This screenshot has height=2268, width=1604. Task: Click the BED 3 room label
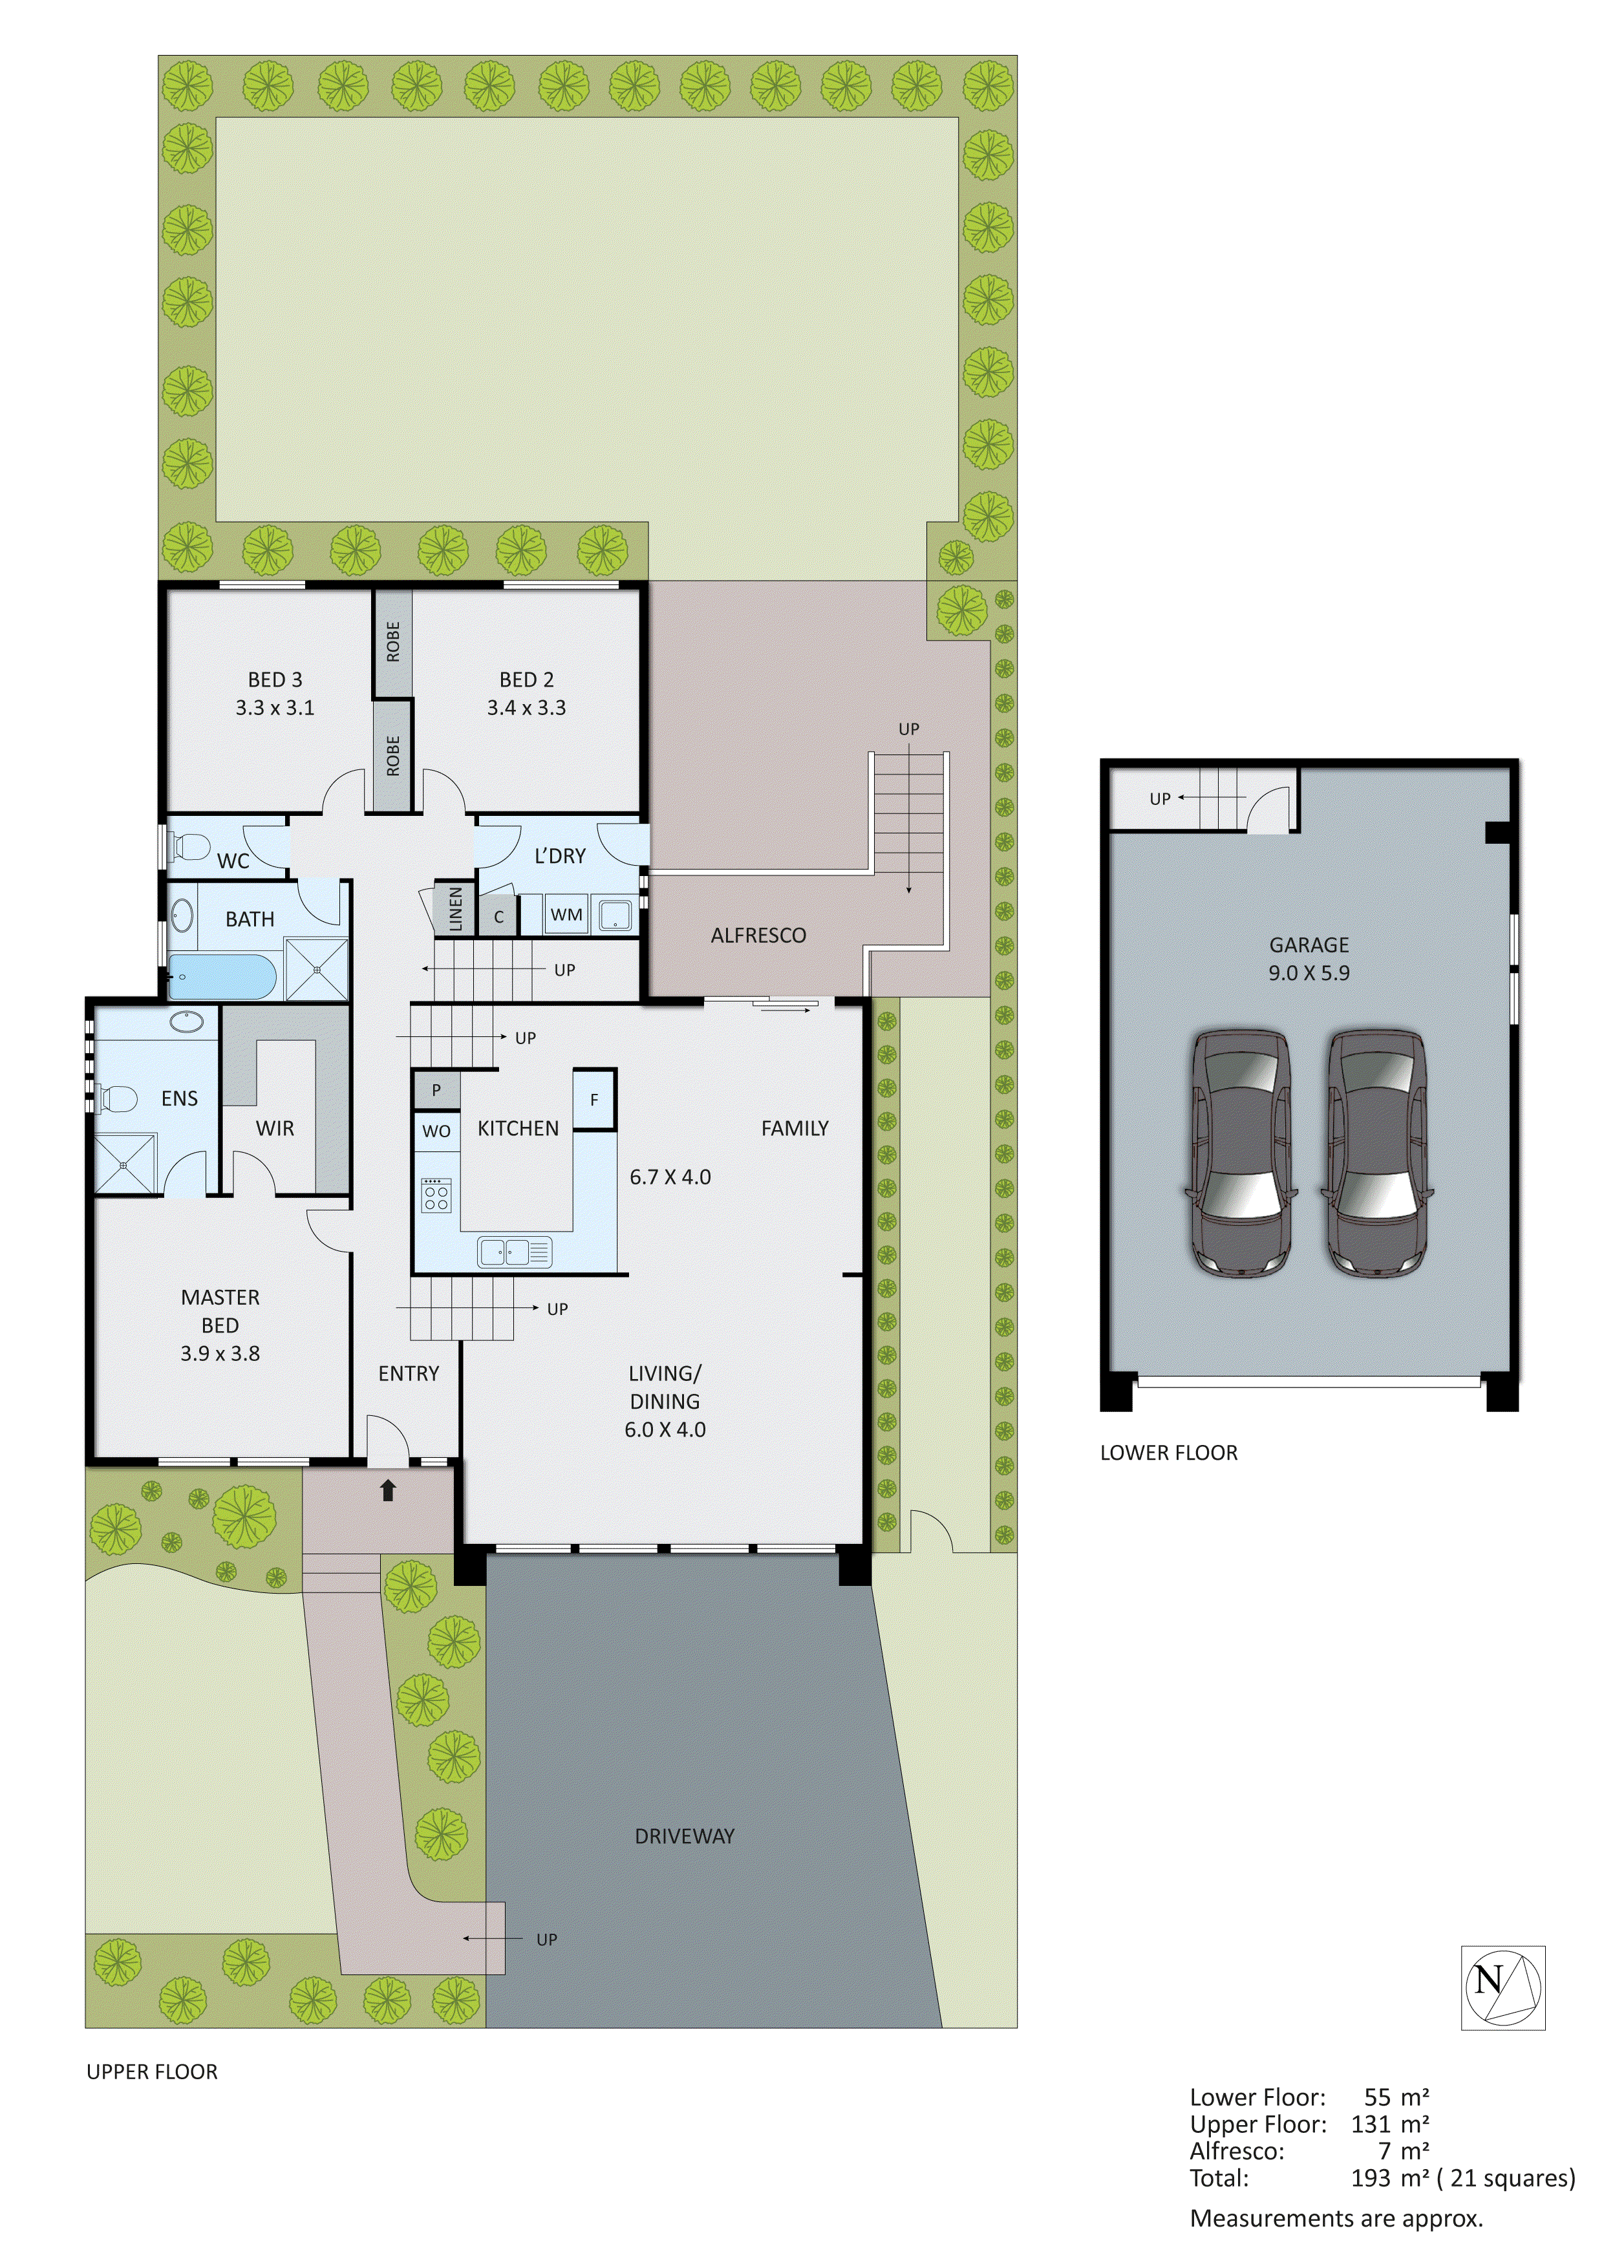click(275, 679)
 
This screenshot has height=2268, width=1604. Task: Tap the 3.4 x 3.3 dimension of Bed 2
click(526, 707)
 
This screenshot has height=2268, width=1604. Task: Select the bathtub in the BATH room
click(222, 977)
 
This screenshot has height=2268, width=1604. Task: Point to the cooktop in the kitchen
click(436, 1196)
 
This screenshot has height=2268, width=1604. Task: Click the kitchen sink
click(513, 1252)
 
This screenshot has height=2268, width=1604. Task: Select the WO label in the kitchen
click(436, 1131)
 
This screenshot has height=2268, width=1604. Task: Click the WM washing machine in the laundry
click(566, 915)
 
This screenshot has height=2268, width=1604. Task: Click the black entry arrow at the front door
click(388, 1491)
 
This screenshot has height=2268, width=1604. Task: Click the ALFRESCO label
click(758, 936)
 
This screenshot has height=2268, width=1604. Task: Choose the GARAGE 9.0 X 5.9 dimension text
click(1308, 973)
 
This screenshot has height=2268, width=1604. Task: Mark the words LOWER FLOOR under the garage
click(1168, 1452)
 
